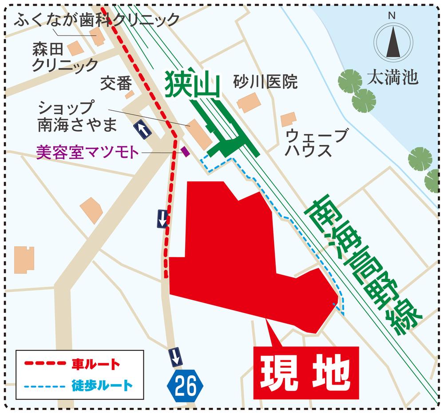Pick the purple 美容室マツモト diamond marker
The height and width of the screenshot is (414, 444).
(186, 152)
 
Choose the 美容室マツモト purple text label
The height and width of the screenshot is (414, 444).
(87, 153)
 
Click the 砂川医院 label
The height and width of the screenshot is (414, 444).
(266, 82)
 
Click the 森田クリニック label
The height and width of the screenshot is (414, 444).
(64, 57)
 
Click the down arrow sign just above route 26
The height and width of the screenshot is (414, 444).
(176, 355)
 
